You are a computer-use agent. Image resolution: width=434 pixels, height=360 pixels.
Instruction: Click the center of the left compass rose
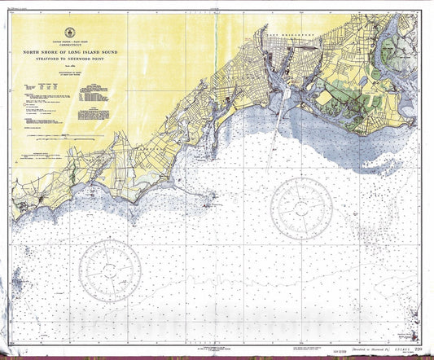(x=112, y=269)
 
